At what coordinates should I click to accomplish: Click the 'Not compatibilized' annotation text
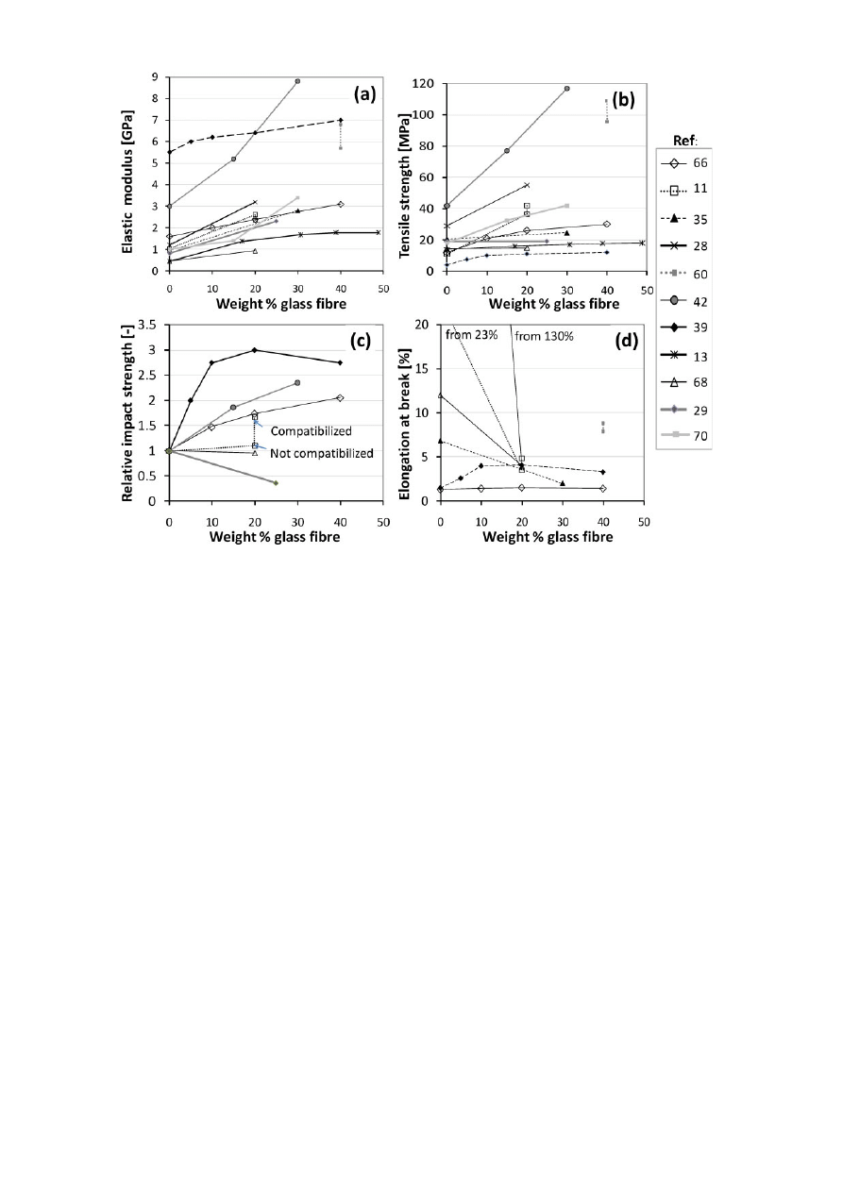(x=321, y=453)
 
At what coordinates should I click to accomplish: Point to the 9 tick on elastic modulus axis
(x=156, y=78)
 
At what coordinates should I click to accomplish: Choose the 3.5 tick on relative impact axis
(x=150, y=325)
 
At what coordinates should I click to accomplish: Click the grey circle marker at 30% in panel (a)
(x=297, y=81)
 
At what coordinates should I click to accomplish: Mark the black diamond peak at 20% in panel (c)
(x=255, y=350)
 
